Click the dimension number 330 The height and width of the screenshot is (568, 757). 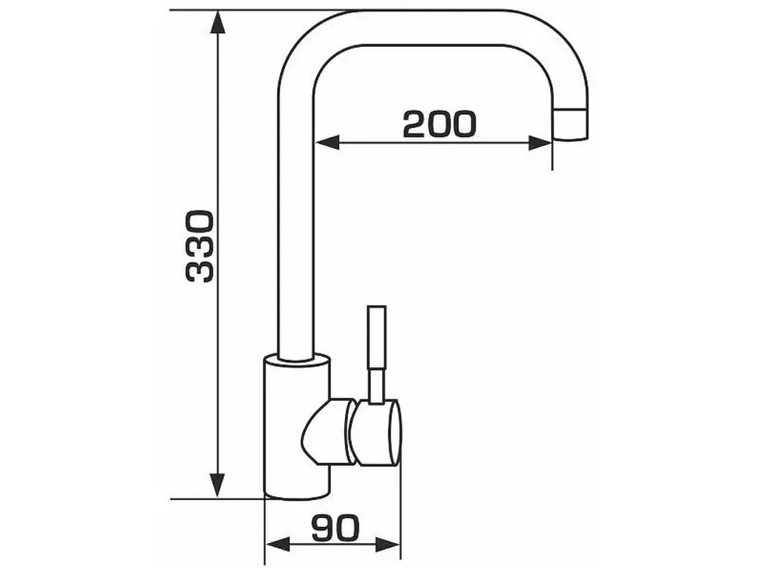199,246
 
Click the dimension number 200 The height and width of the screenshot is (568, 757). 439,124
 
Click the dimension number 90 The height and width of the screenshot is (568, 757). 336,527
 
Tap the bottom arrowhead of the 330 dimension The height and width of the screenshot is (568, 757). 218,486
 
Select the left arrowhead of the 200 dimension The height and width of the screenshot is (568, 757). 326,143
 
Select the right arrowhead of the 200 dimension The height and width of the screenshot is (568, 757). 540,143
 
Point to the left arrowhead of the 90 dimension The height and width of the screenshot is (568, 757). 278,545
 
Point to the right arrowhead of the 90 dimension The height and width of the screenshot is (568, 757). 389,545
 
